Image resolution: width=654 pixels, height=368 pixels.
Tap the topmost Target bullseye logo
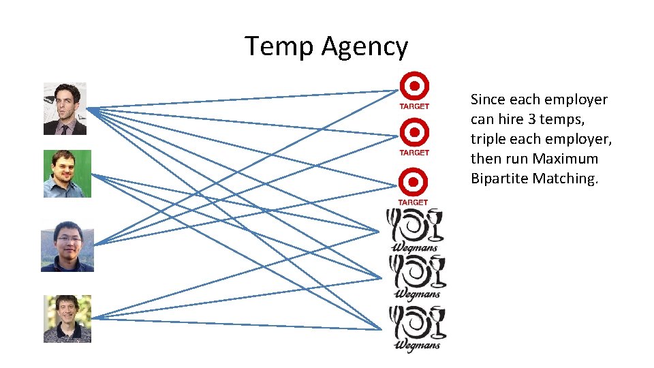[414, 87]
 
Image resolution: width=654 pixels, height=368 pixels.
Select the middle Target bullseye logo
[414, 132]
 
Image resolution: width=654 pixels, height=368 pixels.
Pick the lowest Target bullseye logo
[414, 183]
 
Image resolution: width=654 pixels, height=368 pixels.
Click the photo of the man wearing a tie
[65, 109]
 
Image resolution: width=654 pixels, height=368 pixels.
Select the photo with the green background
[67, 174]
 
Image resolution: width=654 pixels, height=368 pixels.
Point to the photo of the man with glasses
[67, 246]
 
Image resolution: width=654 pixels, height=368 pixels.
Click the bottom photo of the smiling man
[67, 318]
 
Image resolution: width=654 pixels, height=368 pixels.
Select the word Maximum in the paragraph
[565, 159]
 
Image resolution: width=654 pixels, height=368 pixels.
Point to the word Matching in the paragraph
[565, 179]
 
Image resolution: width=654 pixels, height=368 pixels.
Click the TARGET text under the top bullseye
[414, 106]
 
